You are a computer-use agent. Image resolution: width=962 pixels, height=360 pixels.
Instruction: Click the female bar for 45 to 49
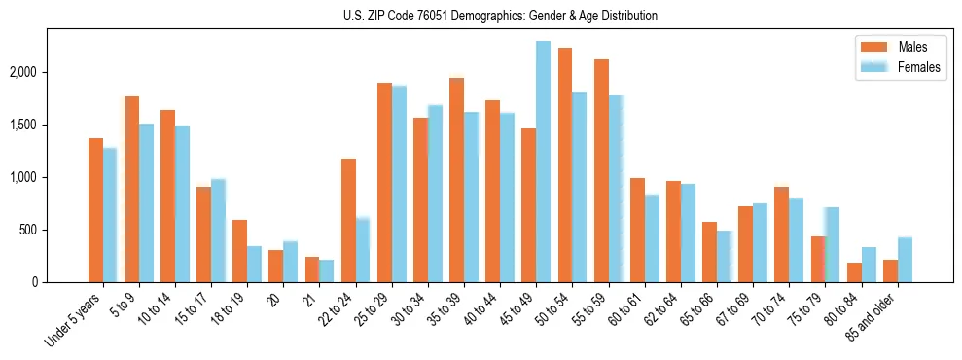544,162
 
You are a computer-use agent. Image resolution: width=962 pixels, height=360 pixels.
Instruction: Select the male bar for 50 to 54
565,164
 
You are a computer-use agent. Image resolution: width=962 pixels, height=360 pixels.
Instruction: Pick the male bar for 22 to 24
348,220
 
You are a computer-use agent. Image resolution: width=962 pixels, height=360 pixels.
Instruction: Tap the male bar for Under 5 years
95,210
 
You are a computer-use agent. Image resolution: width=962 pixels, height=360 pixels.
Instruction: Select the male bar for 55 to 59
601,170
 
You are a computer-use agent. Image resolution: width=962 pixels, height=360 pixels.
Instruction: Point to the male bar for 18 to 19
240,251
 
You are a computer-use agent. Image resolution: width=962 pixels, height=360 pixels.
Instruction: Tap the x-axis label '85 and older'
874,316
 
